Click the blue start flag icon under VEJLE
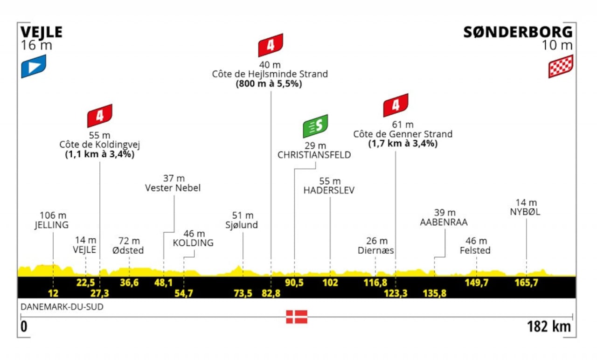(x=34, y=66)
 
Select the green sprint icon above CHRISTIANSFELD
(x=315, y=126)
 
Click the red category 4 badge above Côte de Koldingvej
(x=100, y=116)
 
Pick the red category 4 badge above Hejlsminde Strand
(x=271, y=45)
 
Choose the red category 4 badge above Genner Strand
(x=396, y=105)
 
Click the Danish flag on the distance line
(x=297, y=317)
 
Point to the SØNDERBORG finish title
(x=518, y=32)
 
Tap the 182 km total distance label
(x=549, y=326)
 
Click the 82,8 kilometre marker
(x=271, y=293)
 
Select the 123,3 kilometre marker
(x=396, y=293)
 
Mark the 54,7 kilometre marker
(x=184, y=293)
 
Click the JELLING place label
(x=51, y=225)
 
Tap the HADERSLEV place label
(x=329, y=190)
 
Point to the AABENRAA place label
(x=443, y=222)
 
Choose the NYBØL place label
(x=526, y=212)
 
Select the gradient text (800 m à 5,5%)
(x=270, y=84)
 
